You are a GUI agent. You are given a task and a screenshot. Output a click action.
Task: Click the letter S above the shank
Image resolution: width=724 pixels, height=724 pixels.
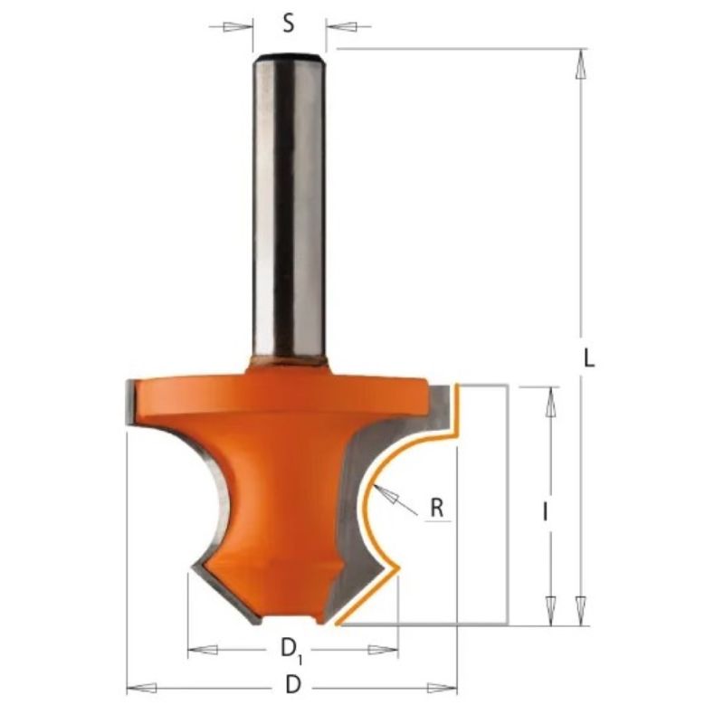pos(289,24)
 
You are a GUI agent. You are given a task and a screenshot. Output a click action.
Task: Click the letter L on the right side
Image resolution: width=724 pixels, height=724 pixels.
pos(589,357)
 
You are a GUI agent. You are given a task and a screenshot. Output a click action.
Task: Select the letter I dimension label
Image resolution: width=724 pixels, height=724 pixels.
pos(546,512)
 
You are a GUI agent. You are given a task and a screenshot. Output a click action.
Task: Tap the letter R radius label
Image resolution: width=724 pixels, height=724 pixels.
pos(437,508)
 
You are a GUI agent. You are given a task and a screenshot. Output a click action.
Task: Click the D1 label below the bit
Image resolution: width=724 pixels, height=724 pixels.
pos(291,650)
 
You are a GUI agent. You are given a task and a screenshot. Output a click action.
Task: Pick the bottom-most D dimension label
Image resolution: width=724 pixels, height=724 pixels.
pos(292,685)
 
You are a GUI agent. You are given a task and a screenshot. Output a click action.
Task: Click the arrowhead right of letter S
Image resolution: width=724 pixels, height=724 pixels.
pos(341,26)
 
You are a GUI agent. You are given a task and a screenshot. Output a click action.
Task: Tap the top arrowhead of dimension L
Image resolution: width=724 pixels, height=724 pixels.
pos(581,63)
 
